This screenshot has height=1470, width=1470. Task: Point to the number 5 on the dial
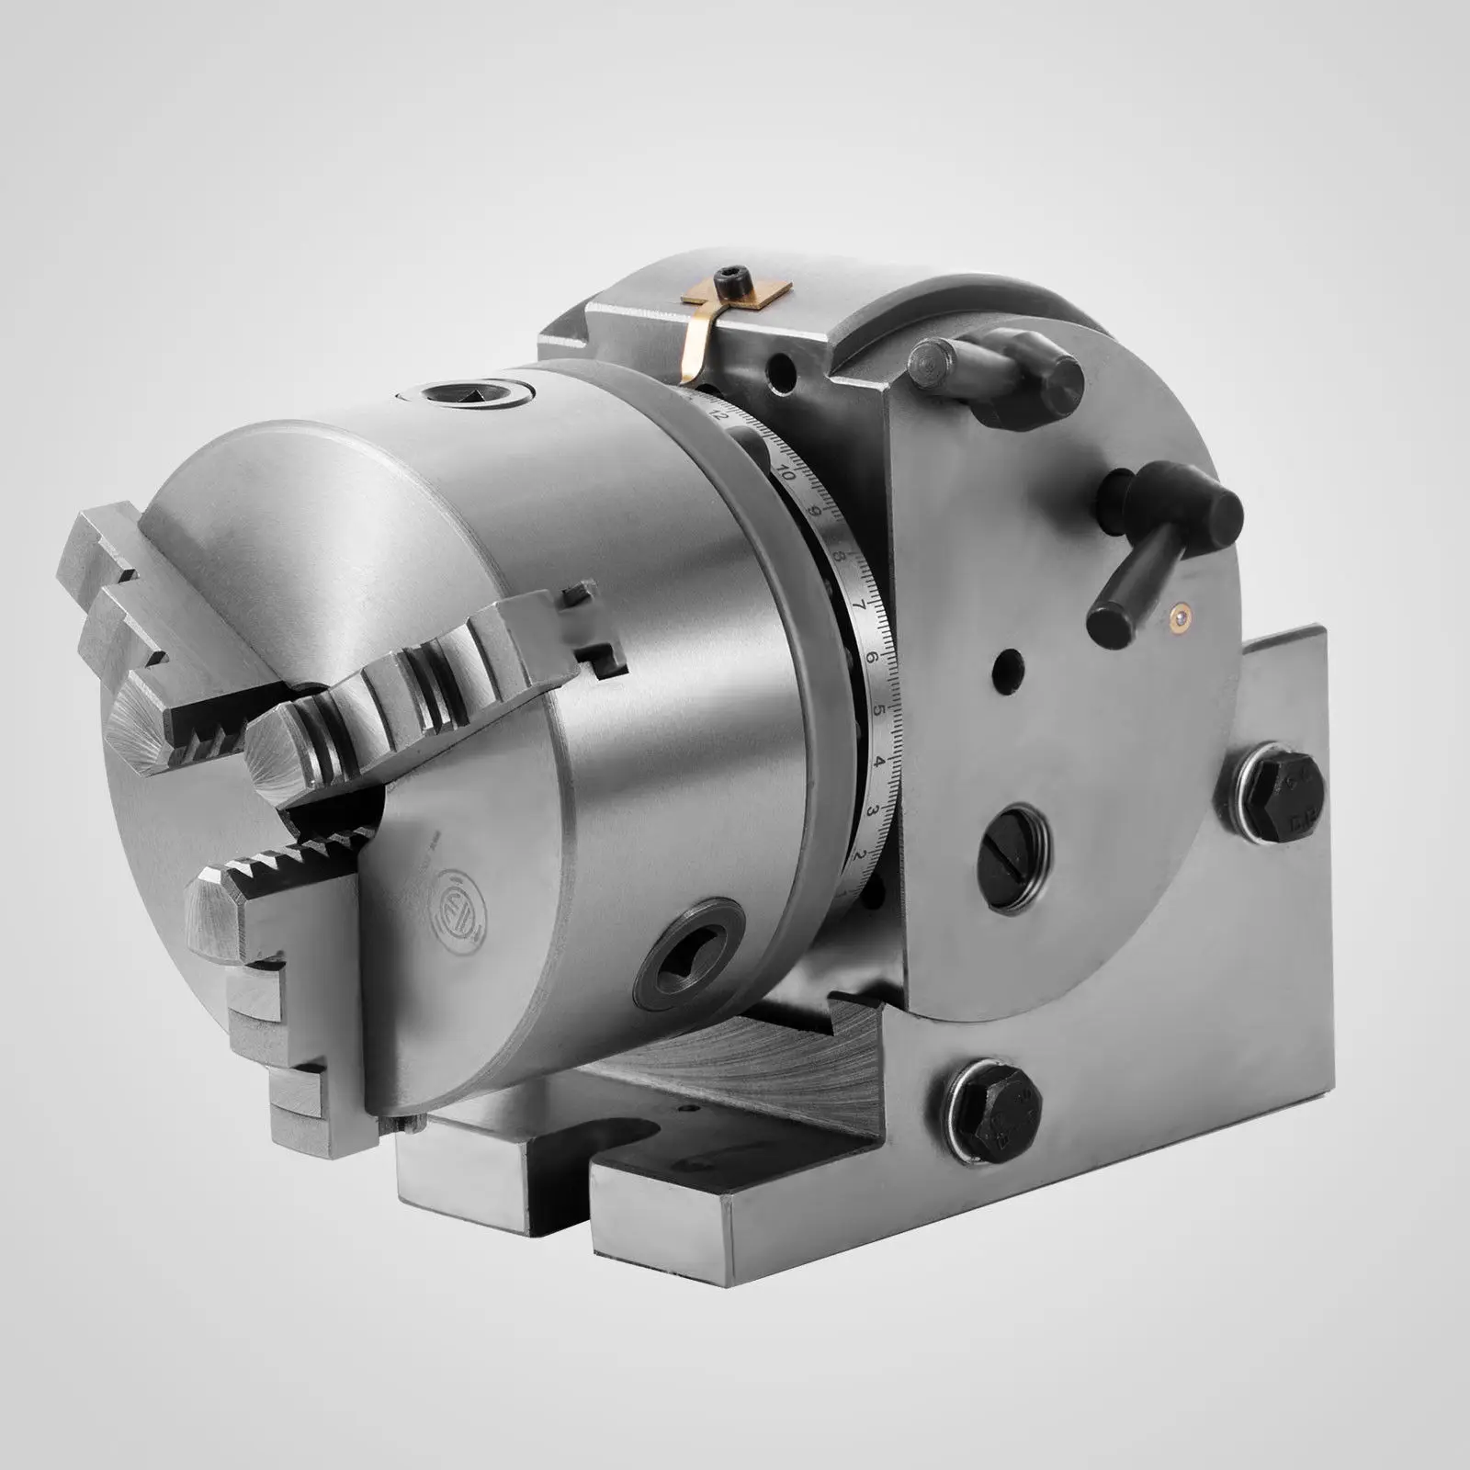click(878, 710)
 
